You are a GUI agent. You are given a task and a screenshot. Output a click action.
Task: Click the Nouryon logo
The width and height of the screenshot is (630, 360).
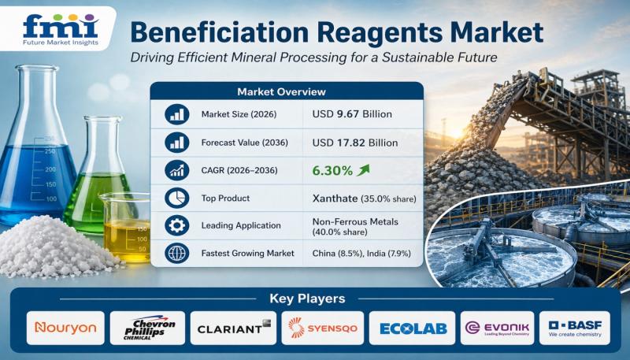[x=65, y=328]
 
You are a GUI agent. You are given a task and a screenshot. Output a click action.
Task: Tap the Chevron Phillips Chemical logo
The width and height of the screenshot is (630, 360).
[x=147, y=328]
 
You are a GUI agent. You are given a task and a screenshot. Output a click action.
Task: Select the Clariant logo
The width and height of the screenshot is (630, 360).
[x=234, y=328]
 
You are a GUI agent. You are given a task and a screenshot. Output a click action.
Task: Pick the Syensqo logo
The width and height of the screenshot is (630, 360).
[x=323, y=328]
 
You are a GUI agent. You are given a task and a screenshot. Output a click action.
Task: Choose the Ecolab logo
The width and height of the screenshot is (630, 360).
[x=413, y=328]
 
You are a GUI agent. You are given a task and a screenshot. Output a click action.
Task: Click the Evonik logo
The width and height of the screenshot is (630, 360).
[x=498, y=328]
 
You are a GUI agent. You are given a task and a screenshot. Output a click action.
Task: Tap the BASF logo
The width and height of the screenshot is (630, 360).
[x=575, y=328]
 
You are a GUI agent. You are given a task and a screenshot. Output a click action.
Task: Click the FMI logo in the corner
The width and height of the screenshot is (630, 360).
[x=61, y=30]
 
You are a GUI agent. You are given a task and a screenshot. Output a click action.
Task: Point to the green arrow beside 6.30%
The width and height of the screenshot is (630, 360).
[x=363, y=170]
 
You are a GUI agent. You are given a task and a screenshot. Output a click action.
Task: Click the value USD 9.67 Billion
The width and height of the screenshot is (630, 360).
[x=352, y=114]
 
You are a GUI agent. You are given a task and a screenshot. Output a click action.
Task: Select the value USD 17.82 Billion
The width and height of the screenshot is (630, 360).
[x=355, y=143]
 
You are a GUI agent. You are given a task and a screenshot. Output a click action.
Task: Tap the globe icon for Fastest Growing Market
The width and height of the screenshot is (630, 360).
[x=176, y=254]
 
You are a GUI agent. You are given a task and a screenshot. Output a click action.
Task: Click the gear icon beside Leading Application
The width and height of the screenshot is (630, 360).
[x=176, y=226]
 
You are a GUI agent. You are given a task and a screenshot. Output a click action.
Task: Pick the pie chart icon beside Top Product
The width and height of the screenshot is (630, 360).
[x=176, y=198]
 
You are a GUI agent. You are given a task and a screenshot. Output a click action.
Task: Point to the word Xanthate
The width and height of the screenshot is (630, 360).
[x=335, y=199]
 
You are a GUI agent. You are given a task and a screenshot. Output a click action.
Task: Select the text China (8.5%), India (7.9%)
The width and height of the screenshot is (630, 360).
[x=361, y=254]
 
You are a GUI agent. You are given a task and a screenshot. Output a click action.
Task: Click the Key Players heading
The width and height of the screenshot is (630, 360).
[x=307, y=299]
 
